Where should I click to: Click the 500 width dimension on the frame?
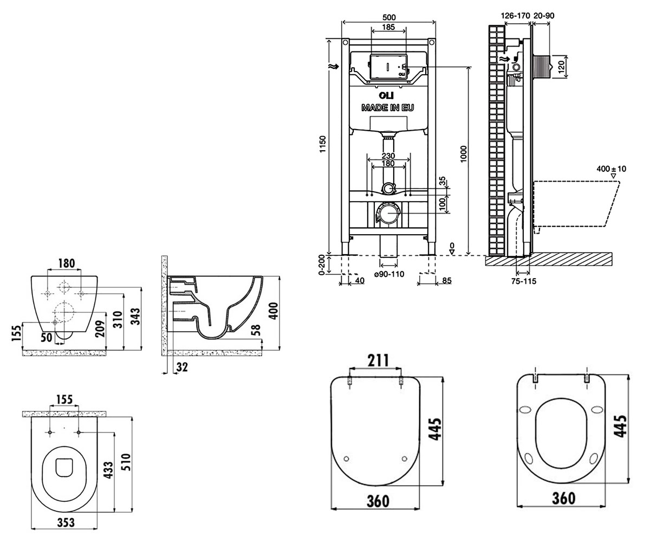click(389, 17)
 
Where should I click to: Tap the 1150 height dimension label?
click(322, 144)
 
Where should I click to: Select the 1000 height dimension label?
click(464, 154)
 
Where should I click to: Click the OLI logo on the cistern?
click(386, 95)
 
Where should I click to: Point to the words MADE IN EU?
click(388, 108)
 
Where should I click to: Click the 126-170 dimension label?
click(516, 16)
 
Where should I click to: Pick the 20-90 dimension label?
click(544, 16)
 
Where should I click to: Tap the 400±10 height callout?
click(611, 169)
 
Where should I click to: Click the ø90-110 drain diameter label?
click(389, 274)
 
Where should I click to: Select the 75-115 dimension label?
click(524, 281)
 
